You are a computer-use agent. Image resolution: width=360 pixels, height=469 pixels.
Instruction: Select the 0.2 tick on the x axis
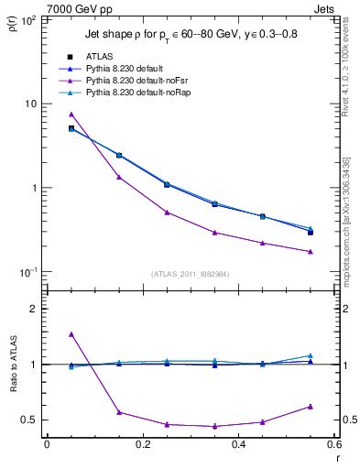142,444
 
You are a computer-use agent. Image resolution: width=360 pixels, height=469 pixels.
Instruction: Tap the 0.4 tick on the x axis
238,444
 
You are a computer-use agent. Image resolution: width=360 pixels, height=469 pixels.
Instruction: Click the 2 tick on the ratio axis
34,309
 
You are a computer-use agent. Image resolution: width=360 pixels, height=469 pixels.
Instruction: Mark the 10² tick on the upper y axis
29,19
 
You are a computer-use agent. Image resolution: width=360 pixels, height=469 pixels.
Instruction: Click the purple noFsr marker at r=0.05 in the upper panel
71,115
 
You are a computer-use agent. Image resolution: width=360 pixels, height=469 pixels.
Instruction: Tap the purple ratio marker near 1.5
71,334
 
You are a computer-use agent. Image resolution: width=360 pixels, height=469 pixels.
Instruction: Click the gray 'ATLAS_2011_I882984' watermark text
191,273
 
